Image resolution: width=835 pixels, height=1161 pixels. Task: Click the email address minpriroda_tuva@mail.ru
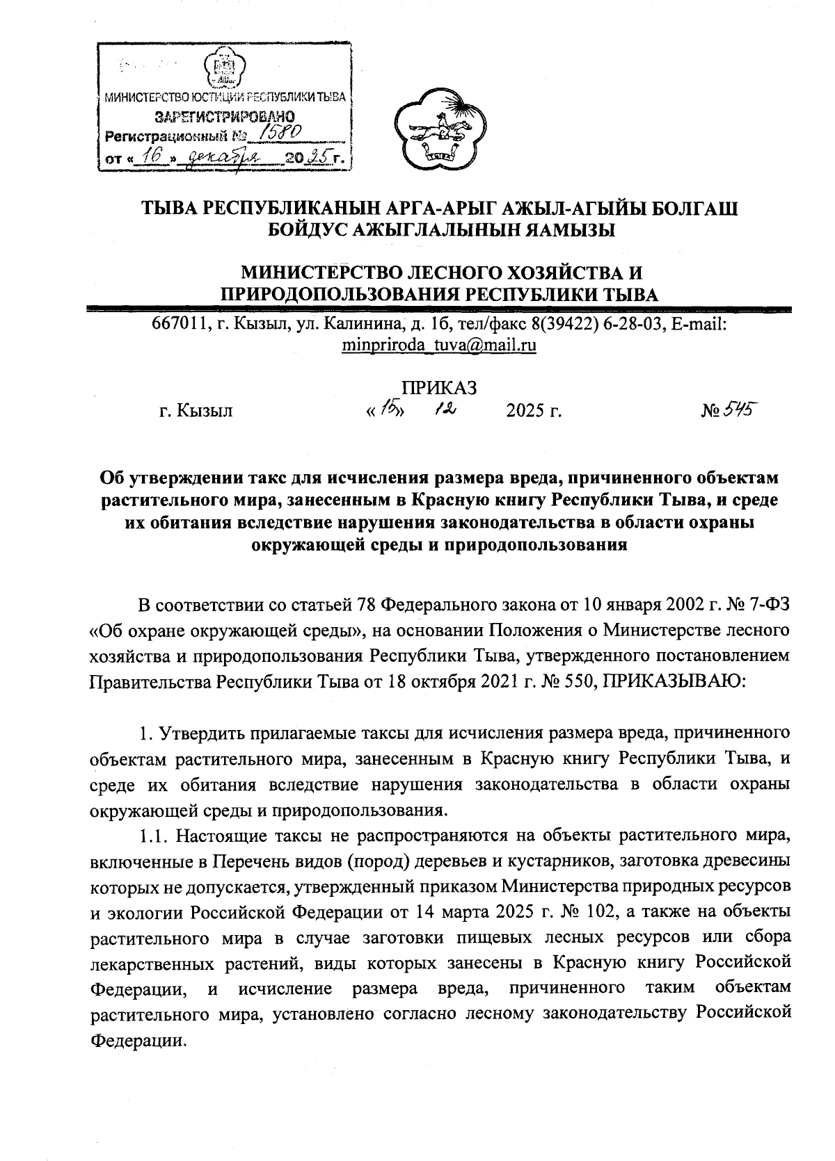point(439,345)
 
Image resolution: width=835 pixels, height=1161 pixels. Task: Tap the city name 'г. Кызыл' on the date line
point(196,412)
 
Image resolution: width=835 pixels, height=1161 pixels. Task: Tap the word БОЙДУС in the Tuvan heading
point(314,229)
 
